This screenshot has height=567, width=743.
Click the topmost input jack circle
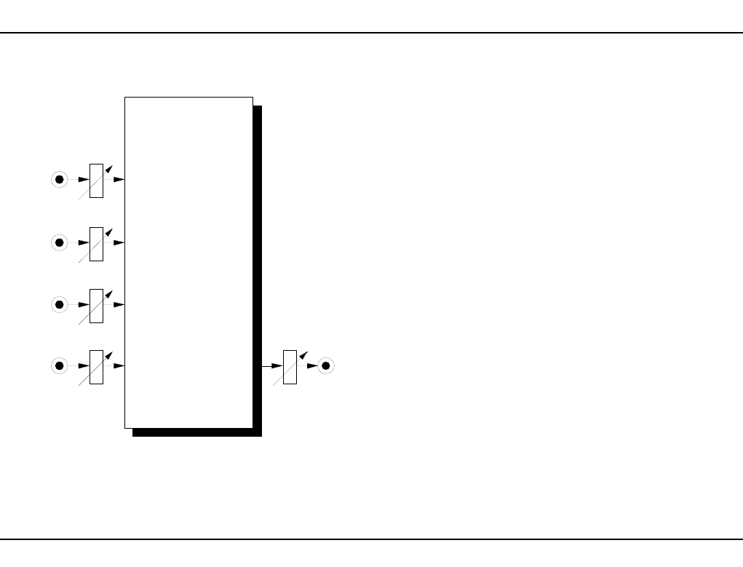60,179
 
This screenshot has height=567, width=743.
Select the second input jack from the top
60,242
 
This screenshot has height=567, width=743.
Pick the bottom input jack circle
60,365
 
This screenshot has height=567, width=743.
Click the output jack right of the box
326,365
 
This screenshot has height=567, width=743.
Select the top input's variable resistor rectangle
96,181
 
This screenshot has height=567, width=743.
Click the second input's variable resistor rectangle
96,243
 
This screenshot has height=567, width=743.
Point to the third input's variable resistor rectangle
96,305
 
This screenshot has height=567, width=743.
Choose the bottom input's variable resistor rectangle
96,367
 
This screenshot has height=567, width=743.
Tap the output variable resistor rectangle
290,367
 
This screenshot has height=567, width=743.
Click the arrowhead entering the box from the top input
119,179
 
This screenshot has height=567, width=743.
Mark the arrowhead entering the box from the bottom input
119,365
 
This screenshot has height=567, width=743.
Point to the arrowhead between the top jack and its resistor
84,179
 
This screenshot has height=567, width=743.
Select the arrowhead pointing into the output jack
312,365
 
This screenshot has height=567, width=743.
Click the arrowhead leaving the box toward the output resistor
277,365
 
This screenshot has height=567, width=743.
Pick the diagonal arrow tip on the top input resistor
109,170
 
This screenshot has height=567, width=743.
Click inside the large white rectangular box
188,262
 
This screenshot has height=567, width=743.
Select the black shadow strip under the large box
196,432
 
